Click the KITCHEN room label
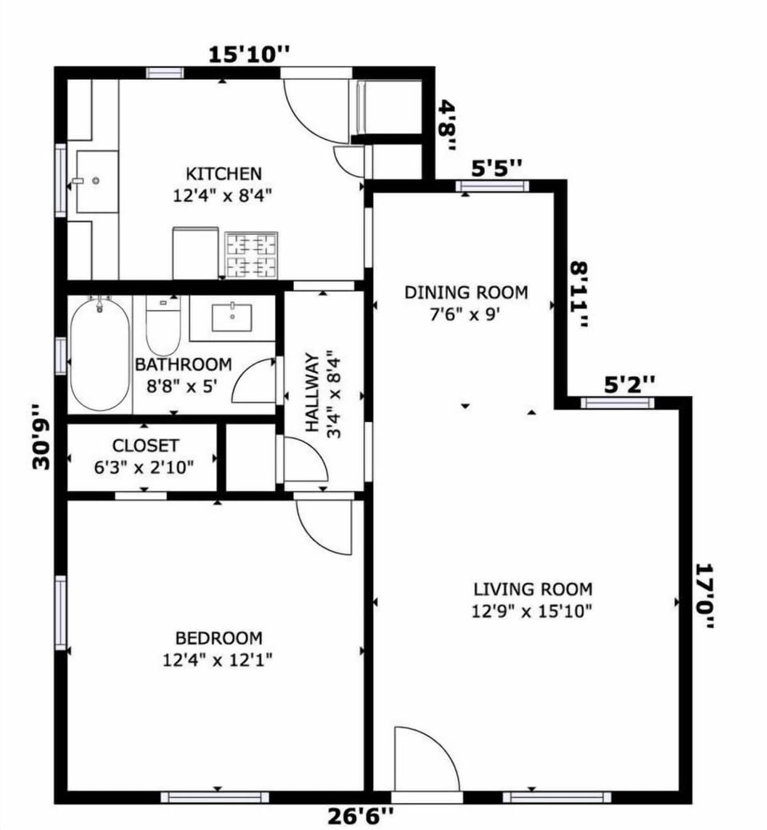coord(224,173)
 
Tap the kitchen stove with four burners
coord(252,255)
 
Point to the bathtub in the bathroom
coord(99,354)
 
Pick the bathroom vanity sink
coord(232,317)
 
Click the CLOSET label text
coord(145,446)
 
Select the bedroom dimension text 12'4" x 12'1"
coord(219,660)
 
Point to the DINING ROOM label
coord(466,292)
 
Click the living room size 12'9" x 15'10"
coord(533,612)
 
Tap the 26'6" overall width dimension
coord(361,816)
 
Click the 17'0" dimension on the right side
coord(704,596)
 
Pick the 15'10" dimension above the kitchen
coord(248,54)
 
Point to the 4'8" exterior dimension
coord(449,125)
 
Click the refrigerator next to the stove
coord(196,253)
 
